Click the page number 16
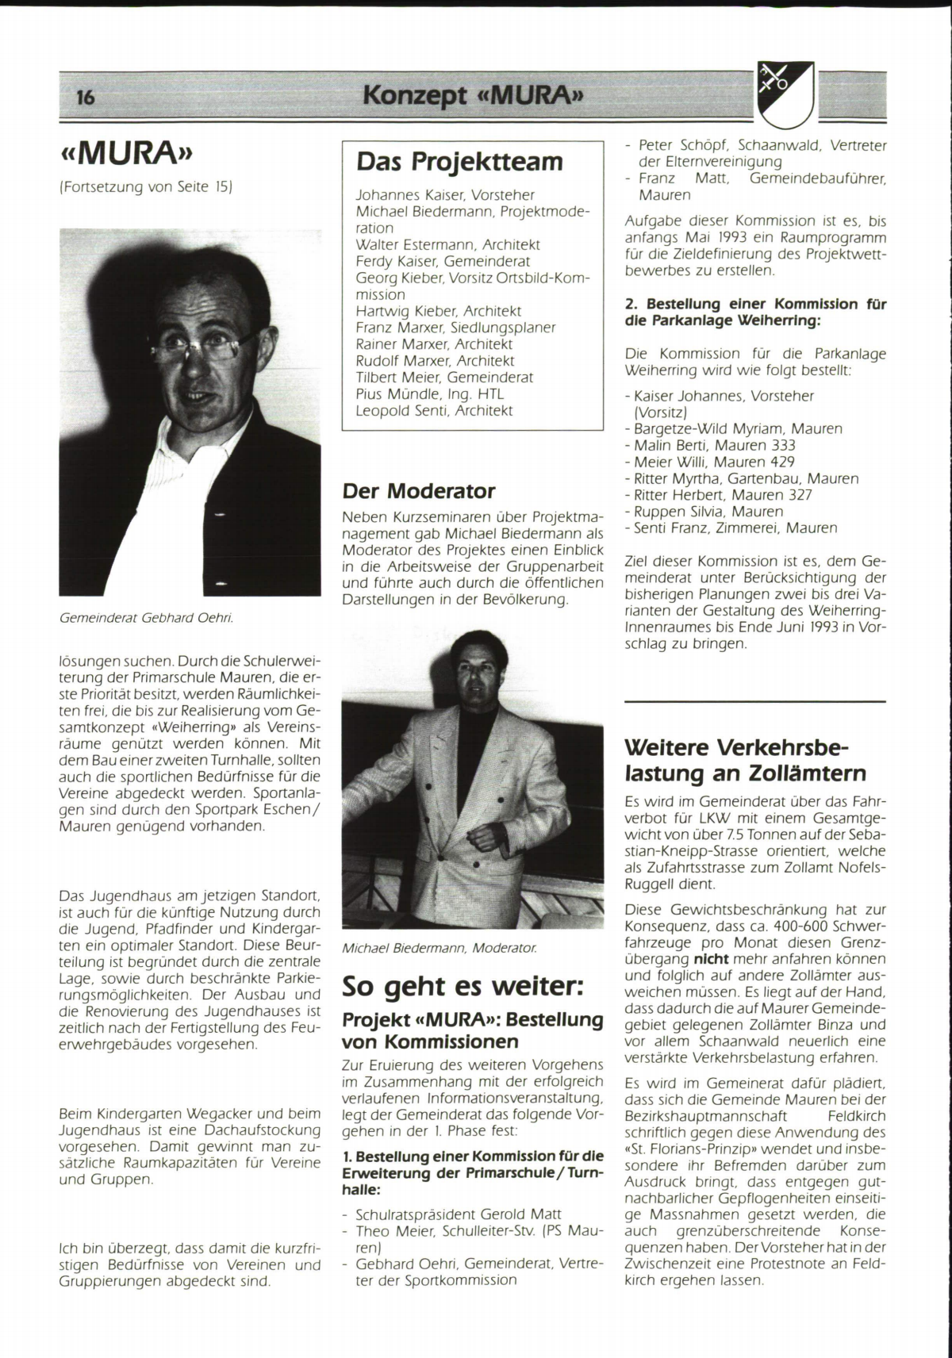86,98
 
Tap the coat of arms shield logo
785,94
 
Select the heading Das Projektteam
459,162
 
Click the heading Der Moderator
419,490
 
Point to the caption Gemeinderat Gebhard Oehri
146,616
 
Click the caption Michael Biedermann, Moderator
439,947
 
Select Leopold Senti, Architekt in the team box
434,411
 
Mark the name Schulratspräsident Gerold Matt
459,1214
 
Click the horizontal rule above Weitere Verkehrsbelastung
754,702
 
